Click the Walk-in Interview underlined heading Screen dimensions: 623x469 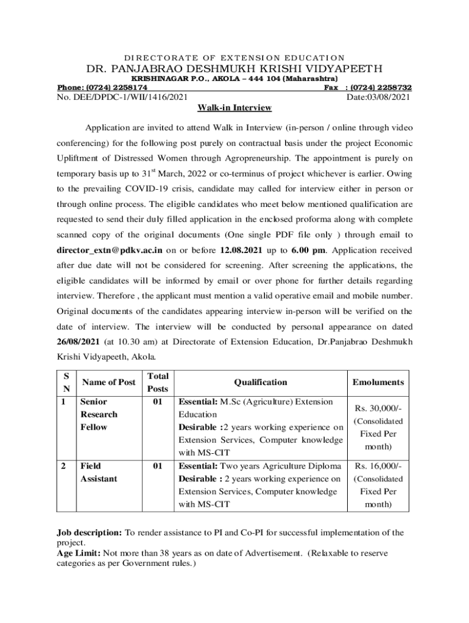coord(234,108)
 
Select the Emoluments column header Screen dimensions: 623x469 coord(378,383)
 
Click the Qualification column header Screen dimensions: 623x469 coord(260,383)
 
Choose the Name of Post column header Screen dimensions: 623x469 coord(108,383)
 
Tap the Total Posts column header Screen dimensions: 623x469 coord(157,383)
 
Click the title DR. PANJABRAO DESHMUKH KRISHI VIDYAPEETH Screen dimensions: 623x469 coord(234,68)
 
